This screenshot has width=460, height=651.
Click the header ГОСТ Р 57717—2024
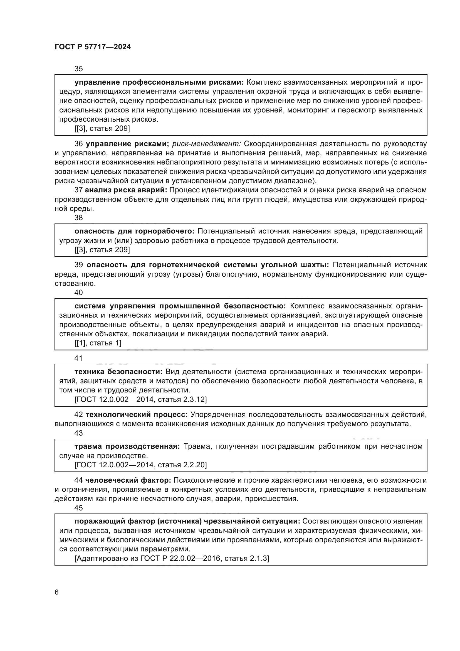[93, 47]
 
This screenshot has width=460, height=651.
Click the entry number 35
[78, 69]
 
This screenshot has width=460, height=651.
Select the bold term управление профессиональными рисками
[159, 82]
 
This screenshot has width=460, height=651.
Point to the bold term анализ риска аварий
[126, 190]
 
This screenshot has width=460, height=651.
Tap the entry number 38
[78, 218]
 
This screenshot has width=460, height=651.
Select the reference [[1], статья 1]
[98, 343]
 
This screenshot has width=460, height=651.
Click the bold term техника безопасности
[118, 372]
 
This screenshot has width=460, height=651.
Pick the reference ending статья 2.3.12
[140, 399]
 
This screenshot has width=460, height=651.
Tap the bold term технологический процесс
[137, 415]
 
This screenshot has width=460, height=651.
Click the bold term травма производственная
[127, 446]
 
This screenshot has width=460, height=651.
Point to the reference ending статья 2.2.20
[140, 465]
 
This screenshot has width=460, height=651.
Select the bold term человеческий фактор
[128, 480]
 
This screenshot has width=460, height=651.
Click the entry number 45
[78, 508]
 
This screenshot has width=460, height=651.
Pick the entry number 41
[78, 358]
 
